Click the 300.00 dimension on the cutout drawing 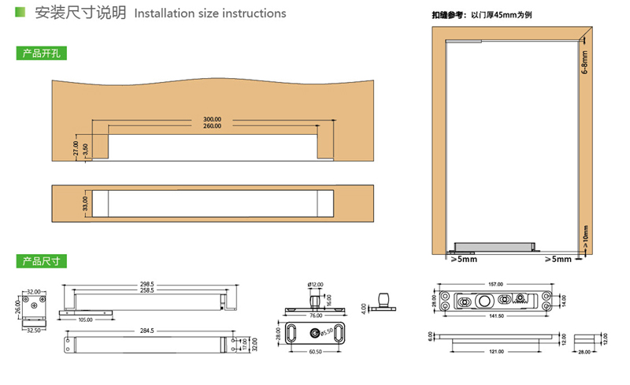[x=212, y=120]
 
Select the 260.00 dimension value [x=212, y=126]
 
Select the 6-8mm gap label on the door [x=584, y=64]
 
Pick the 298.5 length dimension [x=146, y=284]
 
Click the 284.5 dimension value [x=146, y=331]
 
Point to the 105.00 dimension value [x=84, y=320]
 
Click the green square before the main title [x=20, y=13]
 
